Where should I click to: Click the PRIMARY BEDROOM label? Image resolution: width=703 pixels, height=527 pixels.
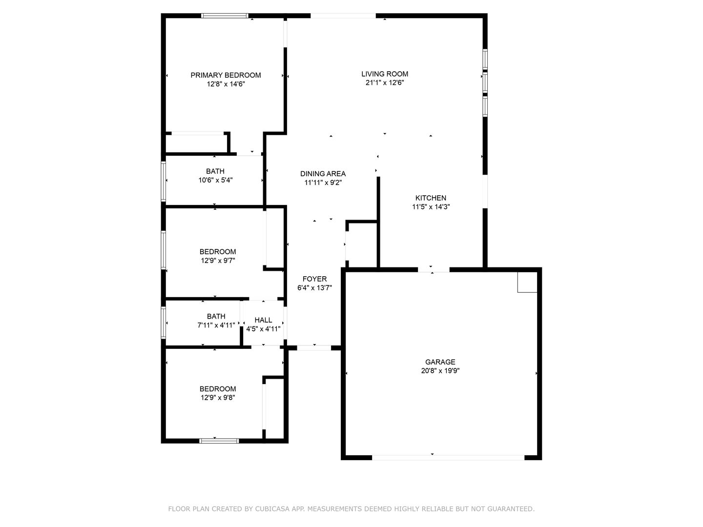coord(226,75)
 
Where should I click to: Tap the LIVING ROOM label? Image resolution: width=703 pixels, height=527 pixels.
coord(385,74)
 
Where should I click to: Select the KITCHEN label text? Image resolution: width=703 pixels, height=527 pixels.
coord(431,198)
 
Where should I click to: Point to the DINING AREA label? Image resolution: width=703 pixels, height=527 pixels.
coord(323,174)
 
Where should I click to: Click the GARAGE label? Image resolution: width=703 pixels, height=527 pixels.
coord(440,362)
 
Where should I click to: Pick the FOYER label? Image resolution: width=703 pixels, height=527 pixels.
coord(314,279)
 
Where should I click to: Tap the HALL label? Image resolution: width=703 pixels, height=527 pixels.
coord(263,320)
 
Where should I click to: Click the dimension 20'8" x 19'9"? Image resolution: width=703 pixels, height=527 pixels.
coord(440,371)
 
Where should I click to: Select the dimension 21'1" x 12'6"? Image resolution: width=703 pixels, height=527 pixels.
coord(385,83)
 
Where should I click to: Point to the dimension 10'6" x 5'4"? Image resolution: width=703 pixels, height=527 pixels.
coord(215,180)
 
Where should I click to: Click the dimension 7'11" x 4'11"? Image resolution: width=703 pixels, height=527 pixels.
coord(216,325)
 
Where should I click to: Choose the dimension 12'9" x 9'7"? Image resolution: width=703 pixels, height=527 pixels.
coord(218,261)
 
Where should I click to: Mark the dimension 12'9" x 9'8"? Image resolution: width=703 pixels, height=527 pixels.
coord(218,398)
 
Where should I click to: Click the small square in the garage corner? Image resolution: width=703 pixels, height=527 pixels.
coord(527,283)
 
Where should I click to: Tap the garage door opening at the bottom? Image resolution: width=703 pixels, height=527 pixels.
coord(448,457)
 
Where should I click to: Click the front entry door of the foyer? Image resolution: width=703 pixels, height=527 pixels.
coord(313,348)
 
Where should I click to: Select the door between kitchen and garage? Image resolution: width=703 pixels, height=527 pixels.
coord(434,269)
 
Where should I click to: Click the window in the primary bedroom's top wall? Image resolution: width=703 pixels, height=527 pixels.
coord(225,16)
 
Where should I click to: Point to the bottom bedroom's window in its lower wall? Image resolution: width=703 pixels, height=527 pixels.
coord(219,441)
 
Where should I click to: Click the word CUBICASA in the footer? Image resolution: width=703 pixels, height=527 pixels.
coord(272,509)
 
